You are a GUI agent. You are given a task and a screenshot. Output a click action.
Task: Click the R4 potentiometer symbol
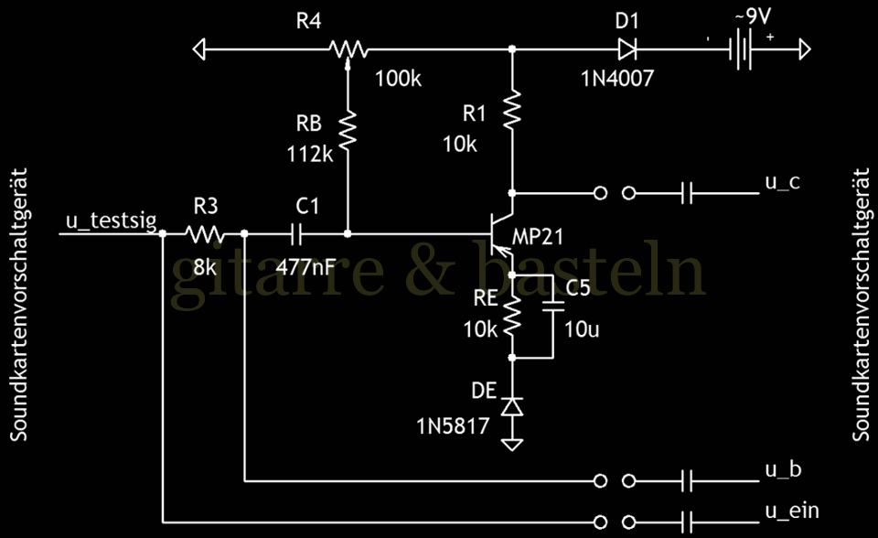[x=348, y=48]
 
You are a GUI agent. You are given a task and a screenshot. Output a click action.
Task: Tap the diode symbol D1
[x=627, y=48]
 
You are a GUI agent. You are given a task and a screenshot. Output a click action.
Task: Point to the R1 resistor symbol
[x=512, y=109]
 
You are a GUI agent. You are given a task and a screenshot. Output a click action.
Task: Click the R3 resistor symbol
[x=204, y=234]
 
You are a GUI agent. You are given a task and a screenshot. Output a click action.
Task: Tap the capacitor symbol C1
[x=296, y=234]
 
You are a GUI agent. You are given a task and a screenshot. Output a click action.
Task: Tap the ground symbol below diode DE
[x=512, y=443]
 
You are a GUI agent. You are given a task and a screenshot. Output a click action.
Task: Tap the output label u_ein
[x=791, y=510]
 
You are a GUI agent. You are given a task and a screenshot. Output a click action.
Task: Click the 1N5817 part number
[x=452, y=425]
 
